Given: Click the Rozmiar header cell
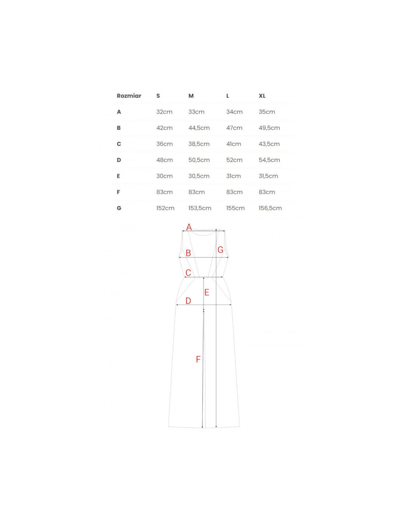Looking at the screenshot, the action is tap(129, 96).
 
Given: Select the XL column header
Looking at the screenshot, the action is tap(262, 96).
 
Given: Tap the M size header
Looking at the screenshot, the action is tap(191, 96).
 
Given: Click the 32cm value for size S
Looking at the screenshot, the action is tap(164, 112).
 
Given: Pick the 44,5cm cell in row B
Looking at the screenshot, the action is tap(199, 128).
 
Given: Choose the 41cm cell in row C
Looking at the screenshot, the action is tap(233, 144).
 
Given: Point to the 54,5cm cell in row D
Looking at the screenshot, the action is tap(270, 160).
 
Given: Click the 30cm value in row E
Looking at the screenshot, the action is tap(165, 176).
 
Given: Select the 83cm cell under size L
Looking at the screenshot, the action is tap(235, 192).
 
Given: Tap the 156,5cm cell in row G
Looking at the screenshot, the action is tap(270, 208).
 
